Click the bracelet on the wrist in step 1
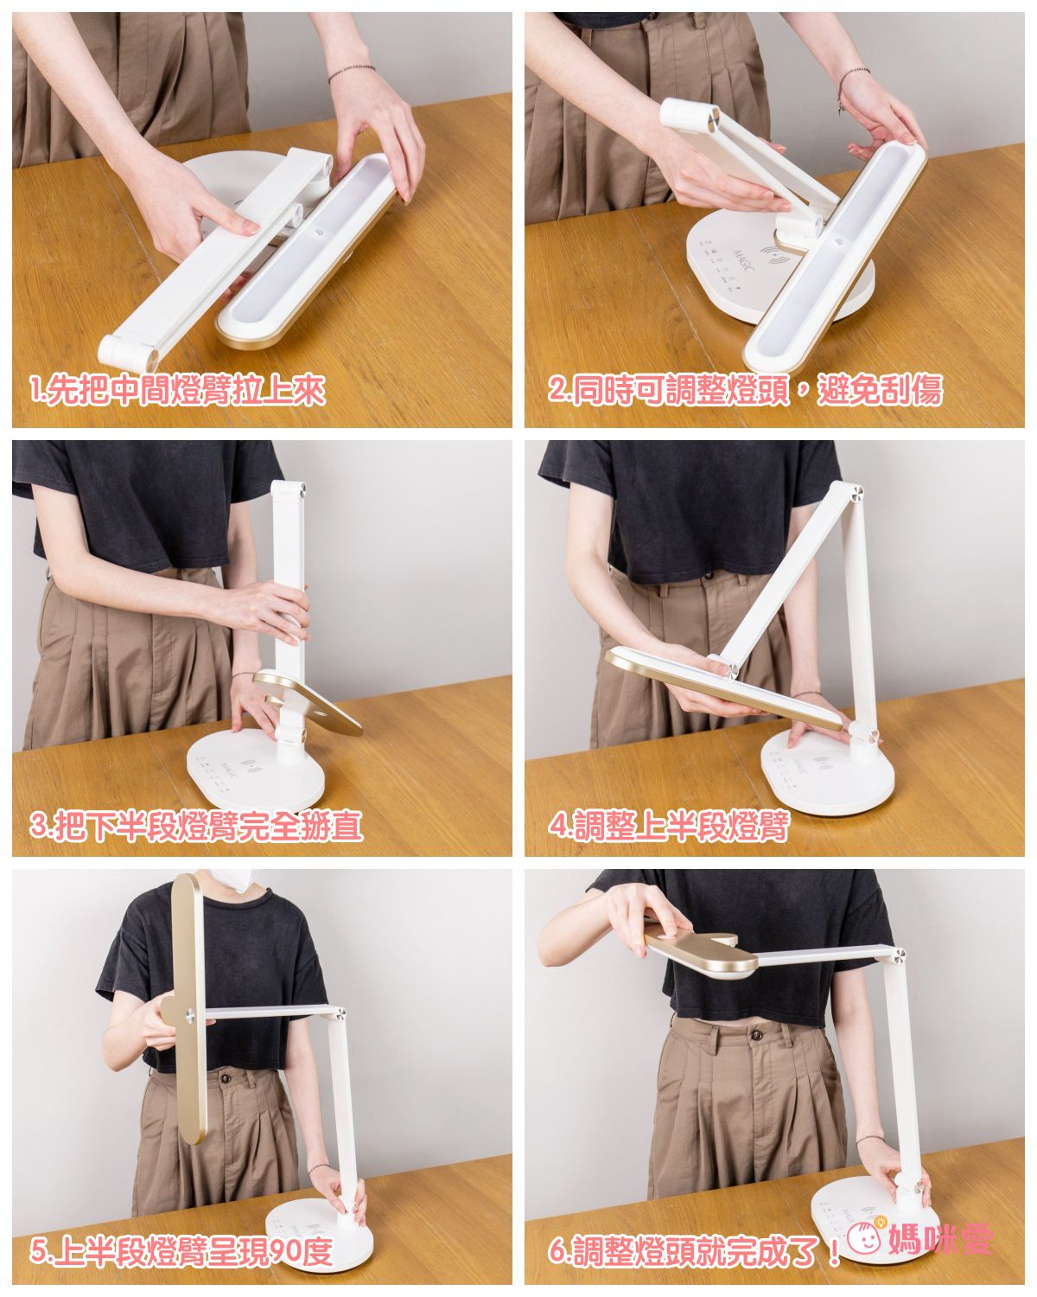click(351, 73)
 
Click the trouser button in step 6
click(755, 1035)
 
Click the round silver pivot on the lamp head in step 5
click(190, 1015)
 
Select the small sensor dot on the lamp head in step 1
click(316, 232)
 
